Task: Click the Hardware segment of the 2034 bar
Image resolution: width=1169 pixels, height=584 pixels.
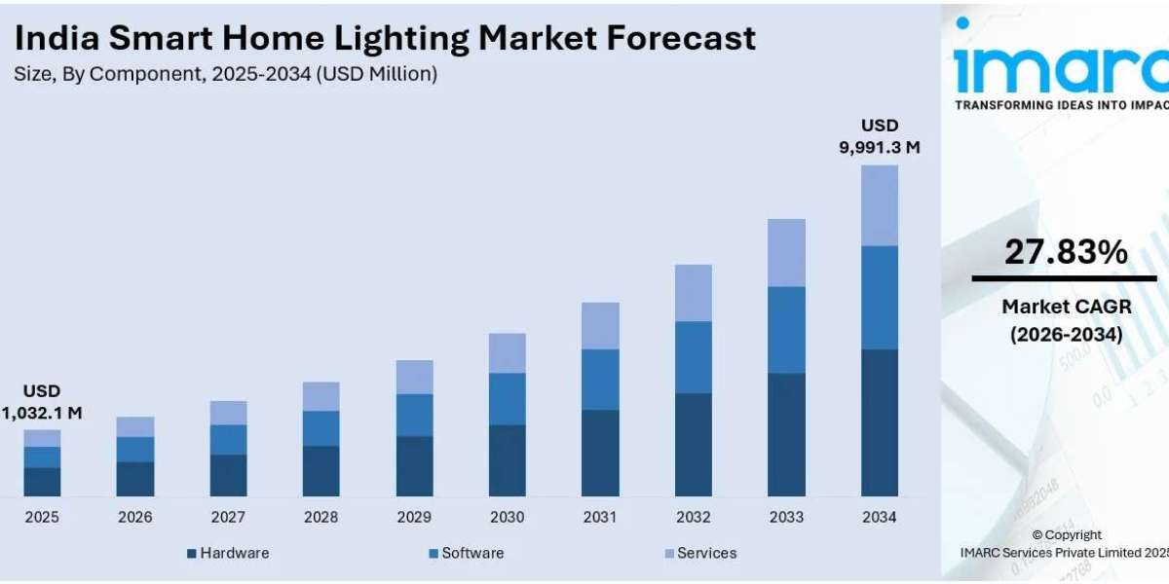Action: [879, 422]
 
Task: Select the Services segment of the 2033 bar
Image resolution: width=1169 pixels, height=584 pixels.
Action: [786, 252]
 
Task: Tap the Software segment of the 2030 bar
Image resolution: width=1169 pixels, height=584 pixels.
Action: [507, 398]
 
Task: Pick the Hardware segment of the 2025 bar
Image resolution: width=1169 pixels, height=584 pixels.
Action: [42, 482]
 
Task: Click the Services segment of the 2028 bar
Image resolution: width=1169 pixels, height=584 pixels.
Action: [321, 396]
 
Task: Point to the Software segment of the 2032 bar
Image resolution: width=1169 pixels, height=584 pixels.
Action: [693, 356]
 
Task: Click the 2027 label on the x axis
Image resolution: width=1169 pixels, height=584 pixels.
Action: [228, 518]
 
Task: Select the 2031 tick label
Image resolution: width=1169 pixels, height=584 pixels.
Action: [600, 518]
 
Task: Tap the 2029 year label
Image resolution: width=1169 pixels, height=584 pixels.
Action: [414, 518]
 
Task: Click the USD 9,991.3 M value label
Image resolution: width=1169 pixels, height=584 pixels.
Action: [879, 136]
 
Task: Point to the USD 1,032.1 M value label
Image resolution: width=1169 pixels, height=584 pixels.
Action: [42, 402]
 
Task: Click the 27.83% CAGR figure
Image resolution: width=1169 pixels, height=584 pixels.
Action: [1065, 253]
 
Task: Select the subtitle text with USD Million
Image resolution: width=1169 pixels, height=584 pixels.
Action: [225, 74]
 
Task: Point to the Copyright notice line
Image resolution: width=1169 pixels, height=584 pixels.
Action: [1067, 534]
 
